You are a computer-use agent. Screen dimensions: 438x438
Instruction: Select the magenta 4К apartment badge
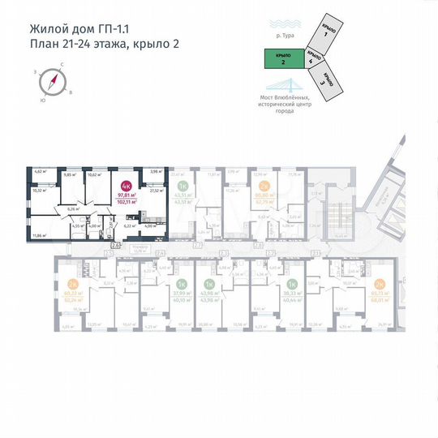(126, 187)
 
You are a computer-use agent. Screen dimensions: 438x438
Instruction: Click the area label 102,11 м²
(126, 202)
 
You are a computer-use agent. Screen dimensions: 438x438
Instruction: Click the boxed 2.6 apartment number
(115, 244)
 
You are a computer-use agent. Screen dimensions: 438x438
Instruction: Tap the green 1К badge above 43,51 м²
(182, 187)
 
